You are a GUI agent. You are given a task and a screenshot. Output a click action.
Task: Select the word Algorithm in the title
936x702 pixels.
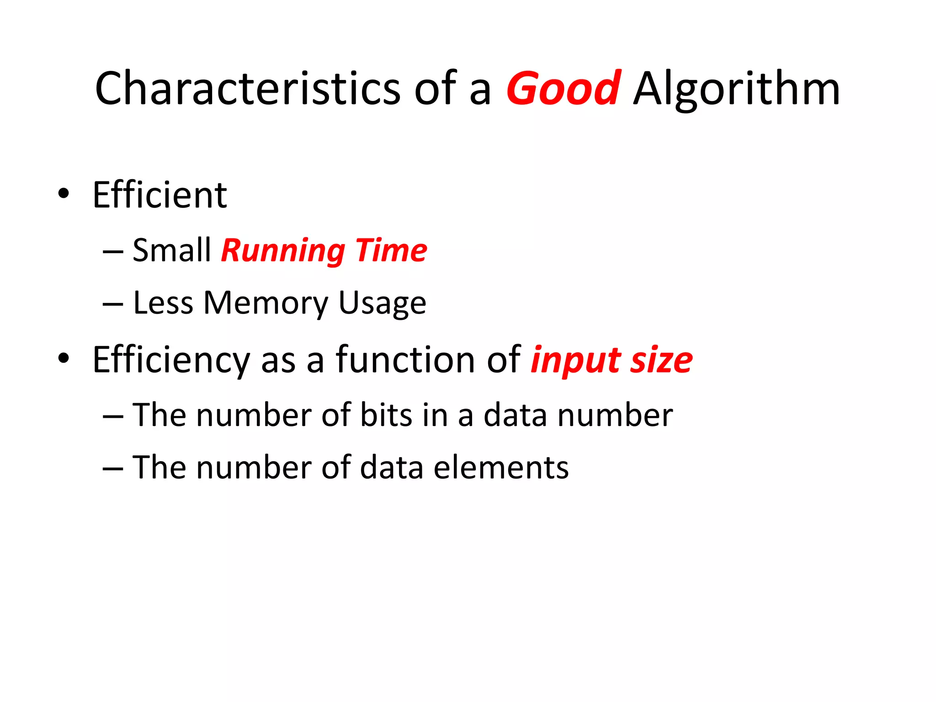tap(736, 89)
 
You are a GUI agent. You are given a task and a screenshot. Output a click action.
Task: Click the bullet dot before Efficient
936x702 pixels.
tap(64, 193)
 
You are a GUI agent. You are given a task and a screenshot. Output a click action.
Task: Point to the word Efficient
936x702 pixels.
tap(160, 195)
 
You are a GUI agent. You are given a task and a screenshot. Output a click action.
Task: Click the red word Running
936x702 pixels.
tap(283, 251)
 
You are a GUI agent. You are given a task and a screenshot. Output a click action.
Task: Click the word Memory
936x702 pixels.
tap(266, 303)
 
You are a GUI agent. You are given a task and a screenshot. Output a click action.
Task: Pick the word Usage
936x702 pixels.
tap(382, 303)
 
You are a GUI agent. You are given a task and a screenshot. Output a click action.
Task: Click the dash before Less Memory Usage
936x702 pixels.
tap(113, 304)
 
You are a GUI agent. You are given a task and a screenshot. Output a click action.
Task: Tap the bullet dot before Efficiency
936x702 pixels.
tap(64, 358)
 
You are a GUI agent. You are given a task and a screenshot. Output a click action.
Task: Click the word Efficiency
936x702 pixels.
tap(171, 361)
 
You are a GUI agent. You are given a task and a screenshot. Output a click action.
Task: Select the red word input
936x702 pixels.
tap(575, 361)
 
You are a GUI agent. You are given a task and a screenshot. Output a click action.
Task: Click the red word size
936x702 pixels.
tap(661, 361)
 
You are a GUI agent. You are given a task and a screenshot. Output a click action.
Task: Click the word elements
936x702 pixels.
tap(501, 468)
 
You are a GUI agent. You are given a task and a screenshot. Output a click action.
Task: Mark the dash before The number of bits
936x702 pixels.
tap(113, 416)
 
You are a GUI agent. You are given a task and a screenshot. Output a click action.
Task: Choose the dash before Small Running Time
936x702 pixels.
tap(113, 252)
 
